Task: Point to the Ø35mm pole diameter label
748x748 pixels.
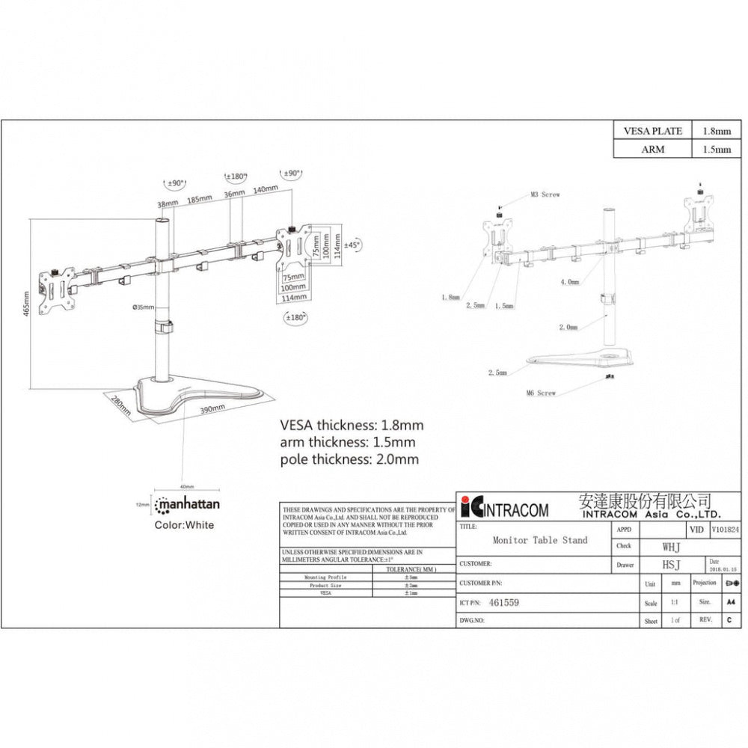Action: tap(143, 307)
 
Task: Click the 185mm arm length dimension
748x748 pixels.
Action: tap(198, 200)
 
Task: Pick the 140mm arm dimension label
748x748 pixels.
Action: tap(265, 191)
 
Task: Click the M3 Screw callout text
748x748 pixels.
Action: tap(545, 194)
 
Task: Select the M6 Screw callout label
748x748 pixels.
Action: tap(541, 393)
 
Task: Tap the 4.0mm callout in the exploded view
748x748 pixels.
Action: tap(569, 282)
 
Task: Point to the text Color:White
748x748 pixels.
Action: tap(184, 525)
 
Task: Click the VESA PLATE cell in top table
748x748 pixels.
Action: tap(652, 131)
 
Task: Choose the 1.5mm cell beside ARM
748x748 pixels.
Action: tap(717, 149)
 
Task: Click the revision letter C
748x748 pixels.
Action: tap(729, 620)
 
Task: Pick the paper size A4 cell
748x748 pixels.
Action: tap(729, 602)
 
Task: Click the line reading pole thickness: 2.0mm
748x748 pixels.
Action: tap(349, 459)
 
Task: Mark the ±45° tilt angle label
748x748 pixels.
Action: tap(352, 245)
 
